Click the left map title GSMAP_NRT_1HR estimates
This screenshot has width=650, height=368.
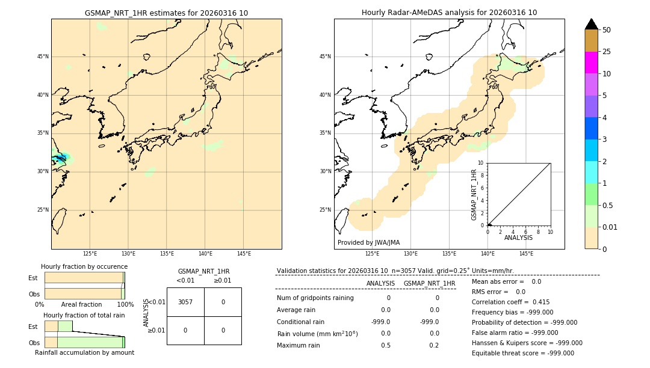166,13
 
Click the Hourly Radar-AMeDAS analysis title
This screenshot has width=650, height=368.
449,13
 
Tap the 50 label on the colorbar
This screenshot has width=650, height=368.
607,30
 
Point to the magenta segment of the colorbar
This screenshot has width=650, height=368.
591,63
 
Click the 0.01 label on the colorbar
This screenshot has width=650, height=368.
610,227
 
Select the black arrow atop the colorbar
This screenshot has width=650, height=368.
591,24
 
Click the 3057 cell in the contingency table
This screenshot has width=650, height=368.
185,302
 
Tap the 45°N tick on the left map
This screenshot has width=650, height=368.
43,57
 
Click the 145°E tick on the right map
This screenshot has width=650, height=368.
526,254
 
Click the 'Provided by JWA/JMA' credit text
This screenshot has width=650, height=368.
368,243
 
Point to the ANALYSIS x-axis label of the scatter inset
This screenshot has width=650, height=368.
518,238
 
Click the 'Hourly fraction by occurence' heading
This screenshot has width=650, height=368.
84,266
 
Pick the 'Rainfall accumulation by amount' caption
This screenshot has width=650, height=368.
84,352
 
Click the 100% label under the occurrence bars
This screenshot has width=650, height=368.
125,304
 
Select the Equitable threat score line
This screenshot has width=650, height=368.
522,353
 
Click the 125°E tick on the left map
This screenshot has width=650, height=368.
90,254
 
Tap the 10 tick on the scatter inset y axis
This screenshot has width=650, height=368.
481,163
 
